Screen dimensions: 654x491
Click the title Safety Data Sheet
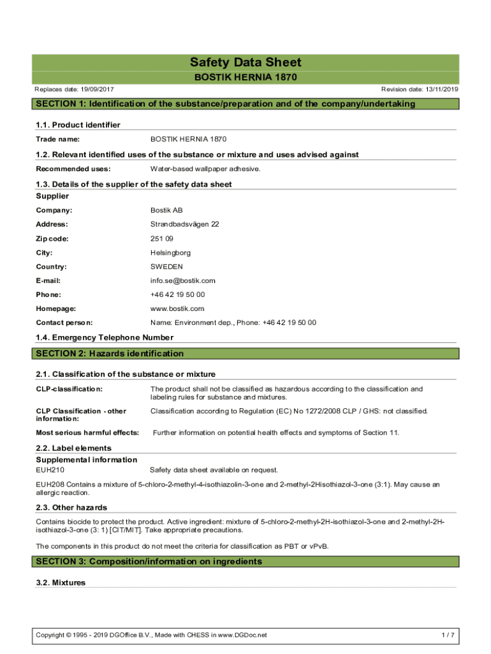tap(246, 63)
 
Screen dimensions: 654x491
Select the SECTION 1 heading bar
tap(245, 104)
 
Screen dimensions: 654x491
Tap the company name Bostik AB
tap(166, 210)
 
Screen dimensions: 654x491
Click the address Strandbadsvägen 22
tap(184, 224)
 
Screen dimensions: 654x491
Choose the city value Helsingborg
tap(171, 252)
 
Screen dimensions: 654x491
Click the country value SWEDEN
tap(166, 266)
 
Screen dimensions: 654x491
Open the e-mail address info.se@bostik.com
tap(182, 280)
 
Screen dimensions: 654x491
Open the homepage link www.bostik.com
tap(177, 308)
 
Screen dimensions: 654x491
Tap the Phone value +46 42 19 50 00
tap(177, 294)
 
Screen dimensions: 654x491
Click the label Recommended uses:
tap(73, 169)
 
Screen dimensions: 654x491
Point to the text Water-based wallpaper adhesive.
tap(205, 169)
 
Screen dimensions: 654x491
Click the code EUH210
tap(50, 469)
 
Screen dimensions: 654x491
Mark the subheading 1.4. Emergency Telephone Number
tap(105, 337)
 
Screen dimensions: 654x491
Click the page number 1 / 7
tap(448, 635)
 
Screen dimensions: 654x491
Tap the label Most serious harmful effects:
tap(87, 432)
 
